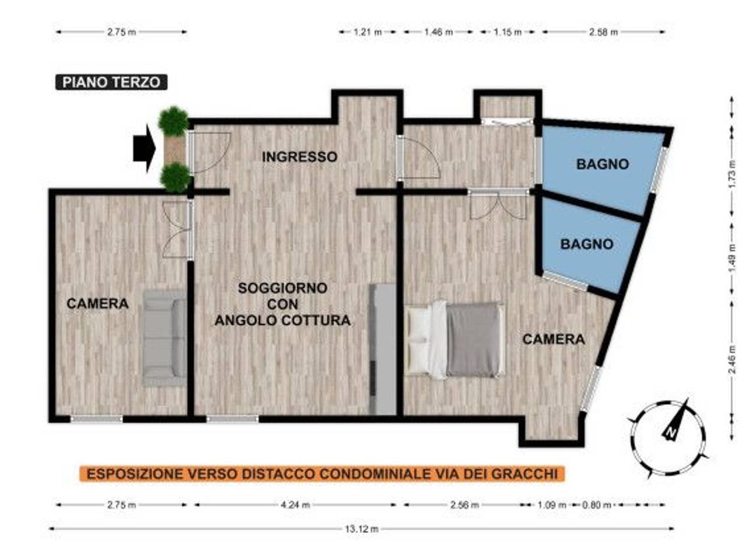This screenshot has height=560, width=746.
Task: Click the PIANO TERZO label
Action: click(x=111, y=82)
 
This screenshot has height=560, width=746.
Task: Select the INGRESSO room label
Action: click(x=299, y=157)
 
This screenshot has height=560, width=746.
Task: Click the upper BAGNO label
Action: click(x=602, y=164)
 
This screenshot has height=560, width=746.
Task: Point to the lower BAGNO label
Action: click(x=586, y=244)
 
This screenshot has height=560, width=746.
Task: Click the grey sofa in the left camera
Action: click(x=165, y=337)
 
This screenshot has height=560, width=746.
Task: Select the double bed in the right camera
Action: click(x=456, y=339)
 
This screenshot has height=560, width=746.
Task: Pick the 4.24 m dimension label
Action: click(x=295, y=505)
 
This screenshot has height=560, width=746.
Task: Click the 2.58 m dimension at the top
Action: click(x=603, y=32)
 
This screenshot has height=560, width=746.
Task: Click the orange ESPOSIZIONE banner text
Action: click(x=322, y=474)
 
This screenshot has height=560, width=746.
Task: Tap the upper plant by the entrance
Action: click(x=173, y=121)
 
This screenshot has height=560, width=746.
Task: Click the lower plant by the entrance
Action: click(x=175, y=177)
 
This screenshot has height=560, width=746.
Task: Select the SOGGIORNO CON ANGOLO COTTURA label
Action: click(x=283, y=304)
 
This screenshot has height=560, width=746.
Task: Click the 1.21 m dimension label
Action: click(x=368, y=32)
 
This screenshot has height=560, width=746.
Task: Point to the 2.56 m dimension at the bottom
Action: click(x=465, y=505)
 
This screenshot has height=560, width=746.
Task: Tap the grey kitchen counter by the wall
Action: click(x=382, y=349)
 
